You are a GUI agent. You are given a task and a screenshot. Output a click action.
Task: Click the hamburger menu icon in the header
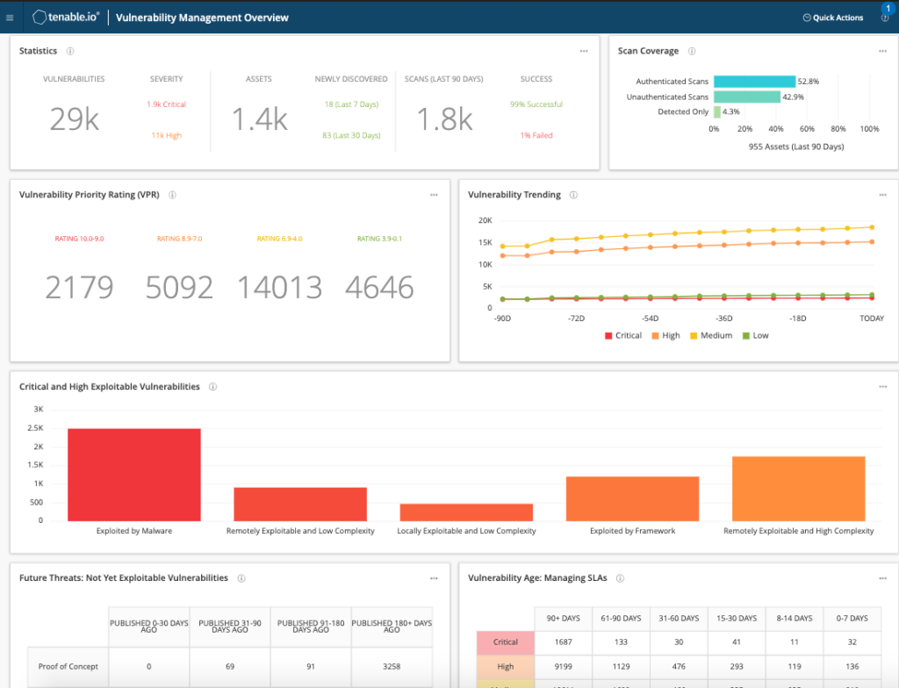coord(10,18)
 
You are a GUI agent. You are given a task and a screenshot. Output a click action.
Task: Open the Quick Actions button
coord(833,18)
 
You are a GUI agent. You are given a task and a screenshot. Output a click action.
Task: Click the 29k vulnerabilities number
coord(74,119)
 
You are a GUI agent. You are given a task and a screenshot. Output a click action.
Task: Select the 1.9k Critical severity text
coord(166,104)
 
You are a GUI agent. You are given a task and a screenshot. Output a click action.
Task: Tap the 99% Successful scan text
coord(536,104)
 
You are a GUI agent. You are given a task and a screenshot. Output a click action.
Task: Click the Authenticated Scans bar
coord(754,82)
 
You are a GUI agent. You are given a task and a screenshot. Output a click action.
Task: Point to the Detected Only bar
coord(717,111)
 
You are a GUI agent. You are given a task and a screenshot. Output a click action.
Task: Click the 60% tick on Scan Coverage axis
coord(807,129)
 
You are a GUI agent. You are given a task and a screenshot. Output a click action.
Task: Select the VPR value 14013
coord(280,287)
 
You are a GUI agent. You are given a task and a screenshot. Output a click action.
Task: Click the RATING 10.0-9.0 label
coord(79,239)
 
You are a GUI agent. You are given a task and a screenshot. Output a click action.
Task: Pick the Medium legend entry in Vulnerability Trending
coord(710,335)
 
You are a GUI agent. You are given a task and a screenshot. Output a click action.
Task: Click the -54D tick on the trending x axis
coord(650,319)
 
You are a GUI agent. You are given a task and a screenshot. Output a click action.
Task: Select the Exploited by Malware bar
coord(133,474)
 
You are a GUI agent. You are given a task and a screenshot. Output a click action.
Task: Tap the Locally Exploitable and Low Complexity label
coord(466,531)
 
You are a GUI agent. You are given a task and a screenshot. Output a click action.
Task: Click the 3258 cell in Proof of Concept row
coord(392,666)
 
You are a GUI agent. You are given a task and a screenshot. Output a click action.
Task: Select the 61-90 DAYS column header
coord(621,618)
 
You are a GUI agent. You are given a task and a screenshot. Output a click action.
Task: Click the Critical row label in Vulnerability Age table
coord(505,642)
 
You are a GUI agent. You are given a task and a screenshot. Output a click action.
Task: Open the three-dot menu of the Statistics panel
coord(584,51)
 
